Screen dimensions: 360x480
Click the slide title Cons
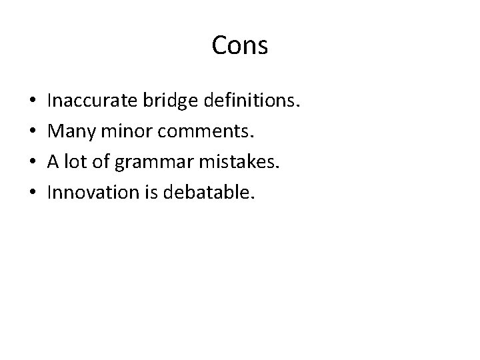[240, 45]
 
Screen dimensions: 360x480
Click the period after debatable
[253, 199]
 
